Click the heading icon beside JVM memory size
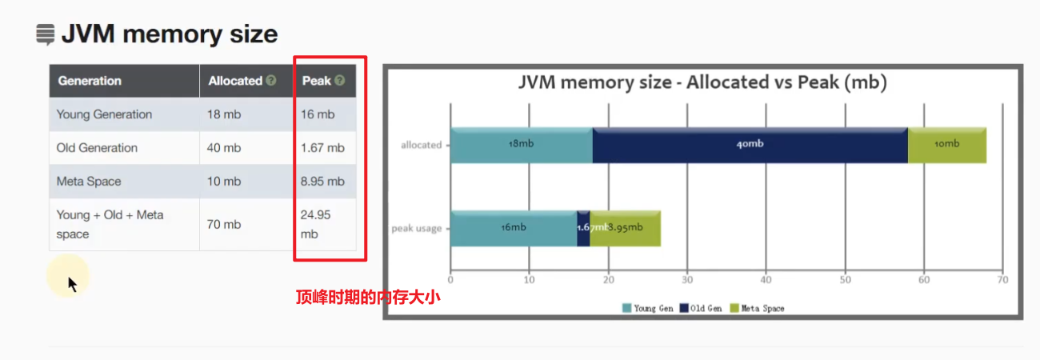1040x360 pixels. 46,34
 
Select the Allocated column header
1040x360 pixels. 235,81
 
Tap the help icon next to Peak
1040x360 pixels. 340,81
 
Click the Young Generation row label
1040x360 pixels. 104,114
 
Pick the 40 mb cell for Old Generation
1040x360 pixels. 224,148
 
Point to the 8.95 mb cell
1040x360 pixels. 322,182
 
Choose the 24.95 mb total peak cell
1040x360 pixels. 315,225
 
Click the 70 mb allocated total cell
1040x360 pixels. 224,225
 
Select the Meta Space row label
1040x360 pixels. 89,182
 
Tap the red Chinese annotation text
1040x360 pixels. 368,298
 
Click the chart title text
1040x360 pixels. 702,82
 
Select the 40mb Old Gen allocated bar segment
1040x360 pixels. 750,145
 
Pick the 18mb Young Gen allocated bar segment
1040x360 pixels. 521,145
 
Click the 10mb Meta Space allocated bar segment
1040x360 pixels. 946,145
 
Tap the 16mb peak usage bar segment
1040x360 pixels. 513,228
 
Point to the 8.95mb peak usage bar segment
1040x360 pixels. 626,228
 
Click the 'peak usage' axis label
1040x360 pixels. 416,229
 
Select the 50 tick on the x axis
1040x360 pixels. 845,280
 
